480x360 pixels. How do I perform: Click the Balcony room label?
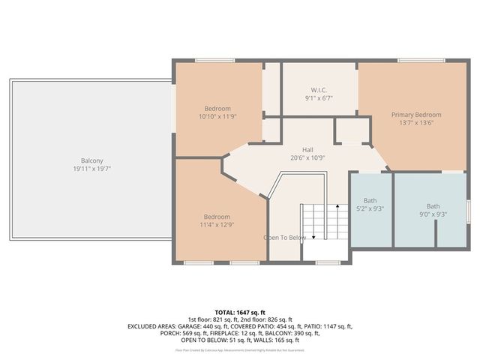92,160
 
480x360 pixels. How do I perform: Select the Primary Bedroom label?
416,115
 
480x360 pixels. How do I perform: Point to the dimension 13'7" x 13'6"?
416,124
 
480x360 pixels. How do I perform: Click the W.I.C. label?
319,88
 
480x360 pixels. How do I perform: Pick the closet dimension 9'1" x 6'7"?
319,97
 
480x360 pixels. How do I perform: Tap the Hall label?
307,149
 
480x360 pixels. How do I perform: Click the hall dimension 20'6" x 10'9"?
307,158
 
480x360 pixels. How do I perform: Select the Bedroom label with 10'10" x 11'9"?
217,108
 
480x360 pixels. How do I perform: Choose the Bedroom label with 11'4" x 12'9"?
217,216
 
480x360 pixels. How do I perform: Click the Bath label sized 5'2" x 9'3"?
370,201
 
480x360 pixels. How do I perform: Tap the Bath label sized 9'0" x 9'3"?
433,206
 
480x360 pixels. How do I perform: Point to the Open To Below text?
284,238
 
